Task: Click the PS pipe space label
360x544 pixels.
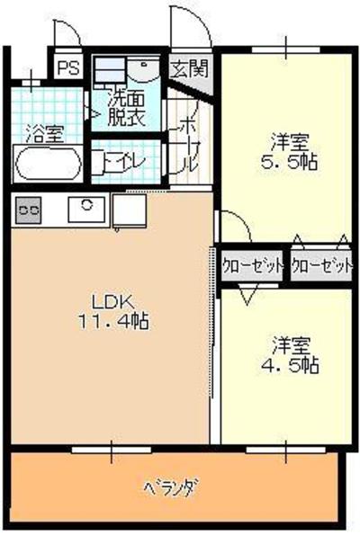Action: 68,67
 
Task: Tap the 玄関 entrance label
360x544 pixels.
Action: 190,68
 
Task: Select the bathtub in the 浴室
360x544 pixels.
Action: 49,163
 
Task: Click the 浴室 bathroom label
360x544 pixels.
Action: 46,134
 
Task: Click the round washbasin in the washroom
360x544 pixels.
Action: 143,69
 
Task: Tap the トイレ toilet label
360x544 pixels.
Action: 125,161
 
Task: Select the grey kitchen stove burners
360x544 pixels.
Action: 28,210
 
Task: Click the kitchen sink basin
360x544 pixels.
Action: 86,210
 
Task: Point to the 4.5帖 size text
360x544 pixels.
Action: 290,365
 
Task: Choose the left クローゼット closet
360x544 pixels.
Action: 251,266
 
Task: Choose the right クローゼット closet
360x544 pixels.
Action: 321,266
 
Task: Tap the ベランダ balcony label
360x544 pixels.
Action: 173,488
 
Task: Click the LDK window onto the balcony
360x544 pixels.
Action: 112,450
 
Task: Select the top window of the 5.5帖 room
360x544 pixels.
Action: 286,49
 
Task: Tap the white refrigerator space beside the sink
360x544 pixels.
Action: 129,210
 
